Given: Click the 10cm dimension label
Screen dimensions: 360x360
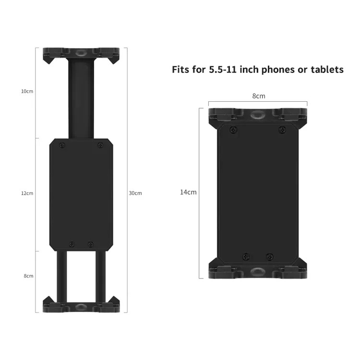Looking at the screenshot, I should (x=27, y=91).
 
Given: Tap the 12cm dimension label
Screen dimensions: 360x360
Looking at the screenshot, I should (x=27, y=193).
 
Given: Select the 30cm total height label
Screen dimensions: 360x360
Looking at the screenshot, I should (x=135, y=193).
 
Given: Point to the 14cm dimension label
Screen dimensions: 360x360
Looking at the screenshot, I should (x=188, y=192).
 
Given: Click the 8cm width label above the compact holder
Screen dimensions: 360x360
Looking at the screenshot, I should (x=259, y=96).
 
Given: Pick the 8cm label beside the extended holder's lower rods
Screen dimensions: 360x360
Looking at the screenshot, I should (x=28, y=276).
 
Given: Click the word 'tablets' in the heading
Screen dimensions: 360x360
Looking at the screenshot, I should (x=326, y=70).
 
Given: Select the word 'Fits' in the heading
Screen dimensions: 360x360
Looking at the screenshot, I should (x=182, y=70).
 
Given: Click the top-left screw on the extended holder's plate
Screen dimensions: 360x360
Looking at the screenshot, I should (x=61, y=145).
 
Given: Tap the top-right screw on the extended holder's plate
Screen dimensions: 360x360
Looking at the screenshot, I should (x=100, y=145).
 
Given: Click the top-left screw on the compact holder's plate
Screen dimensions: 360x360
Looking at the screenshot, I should (x=233, y=130).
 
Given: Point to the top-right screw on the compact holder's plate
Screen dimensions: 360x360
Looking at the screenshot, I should (x=282, y=130).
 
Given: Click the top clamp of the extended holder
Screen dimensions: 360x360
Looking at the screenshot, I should (x=81, y=54).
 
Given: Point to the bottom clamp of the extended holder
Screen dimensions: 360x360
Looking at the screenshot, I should (x=81, y=306).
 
